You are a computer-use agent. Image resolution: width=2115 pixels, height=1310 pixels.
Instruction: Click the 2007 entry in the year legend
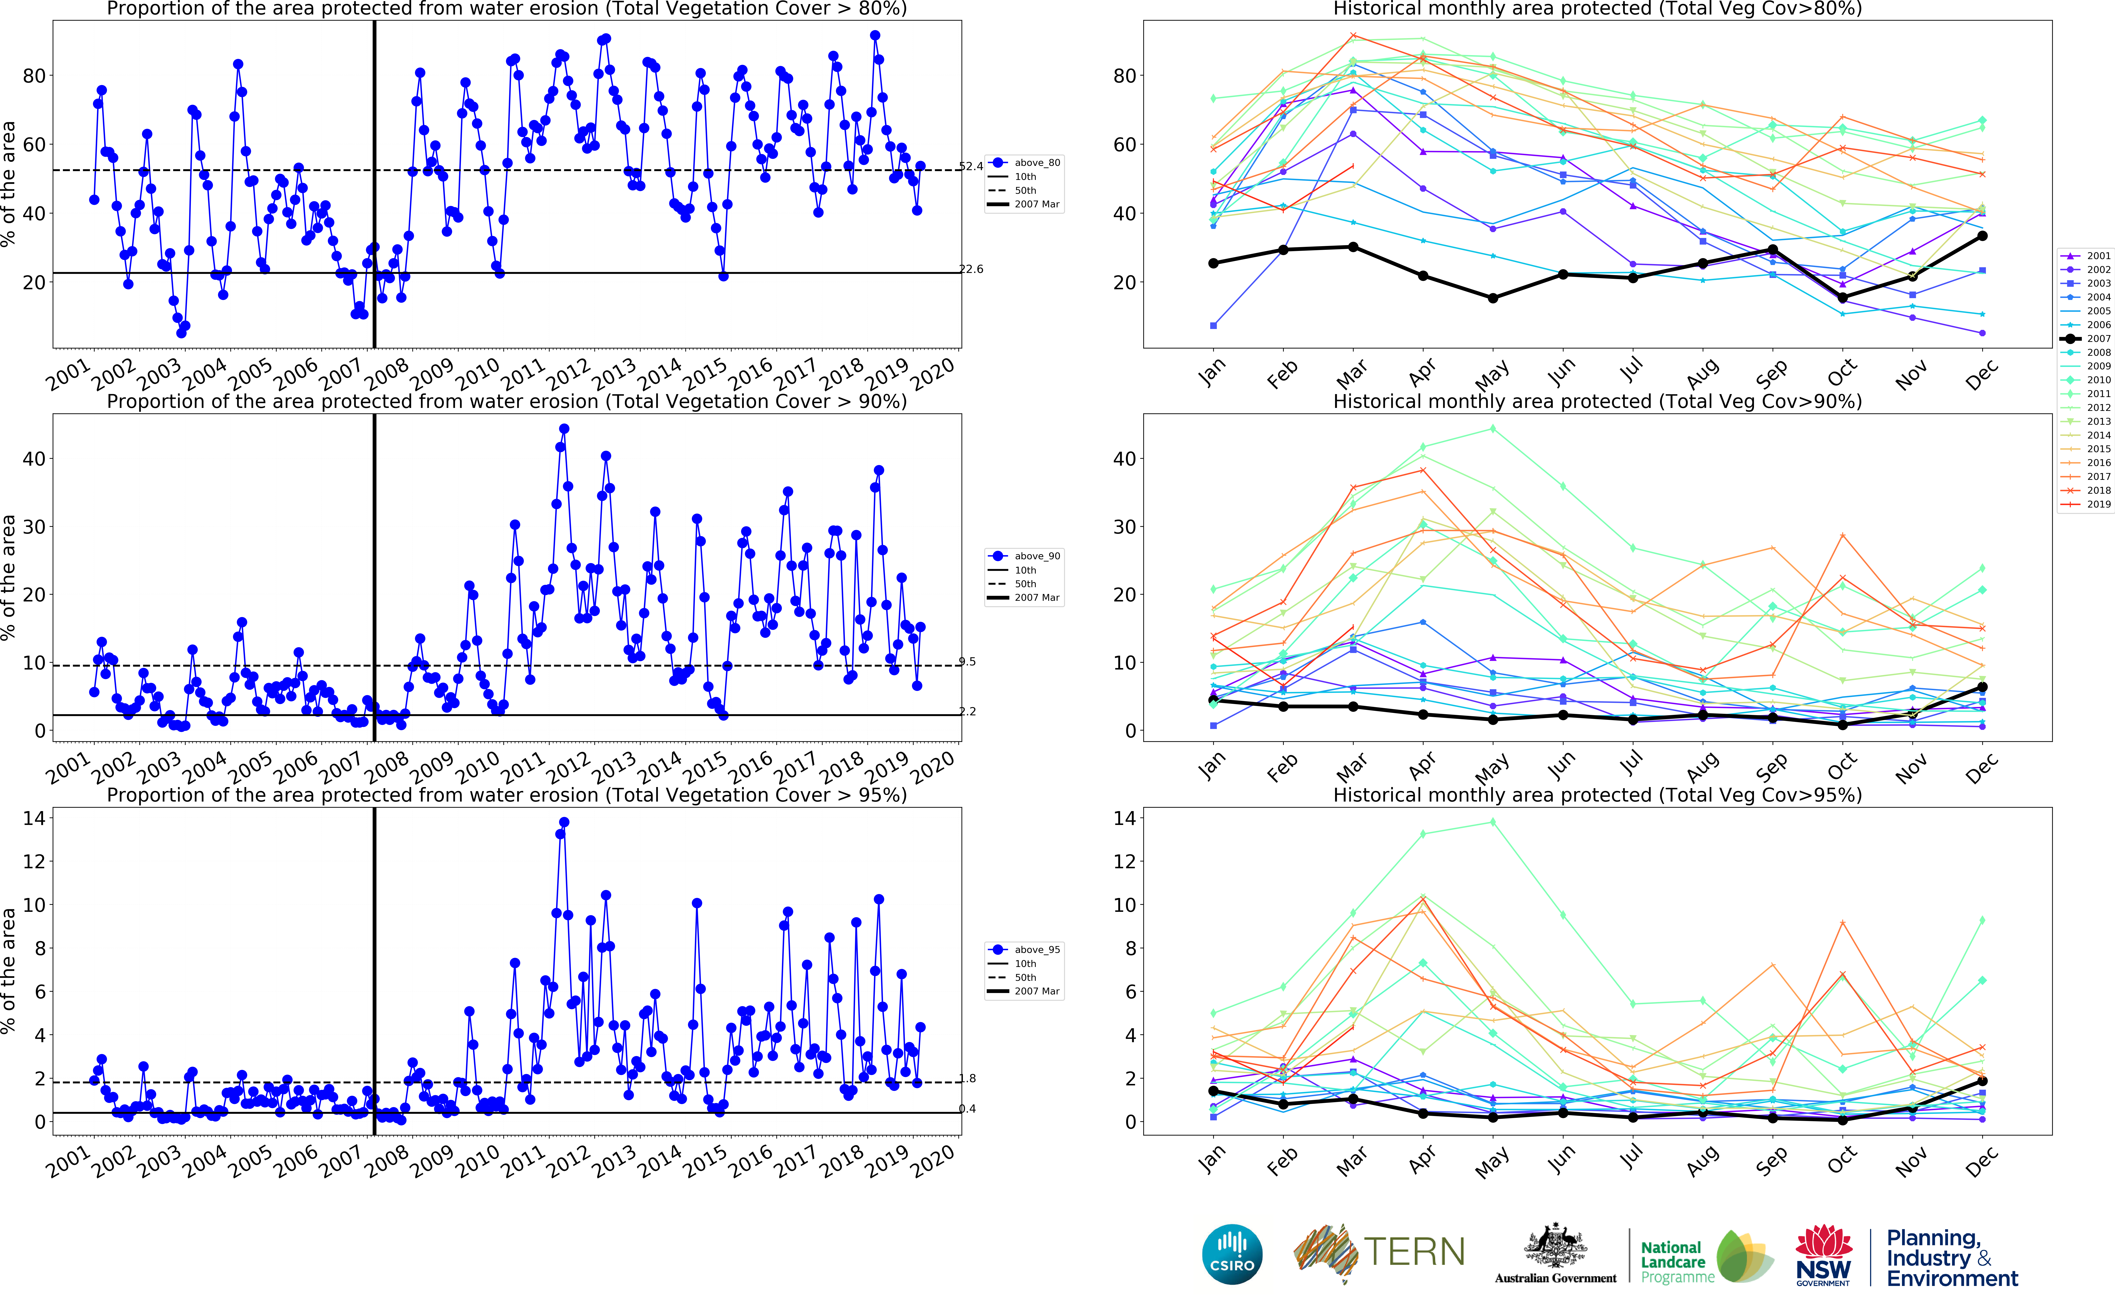coord(2088,339)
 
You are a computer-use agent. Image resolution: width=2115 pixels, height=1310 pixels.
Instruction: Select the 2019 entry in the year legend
coord(2088,504)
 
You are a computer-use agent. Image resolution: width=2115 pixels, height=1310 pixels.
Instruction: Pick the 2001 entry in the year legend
coord(2088,256)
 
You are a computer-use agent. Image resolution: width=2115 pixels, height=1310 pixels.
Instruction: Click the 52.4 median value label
coord(970,166)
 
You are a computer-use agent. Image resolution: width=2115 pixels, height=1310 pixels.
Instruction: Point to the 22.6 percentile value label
coord(970,270)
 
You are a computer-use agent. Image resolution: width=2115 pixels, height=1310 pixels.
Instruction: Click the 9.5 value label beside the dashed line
coord(967,662)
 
